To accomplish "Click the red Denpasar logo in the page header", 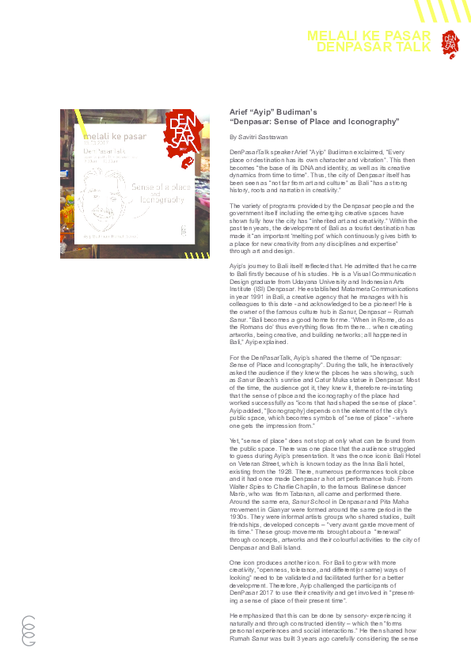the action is pos(449,42).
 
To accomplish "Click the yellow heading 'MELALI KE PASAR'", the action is pos(368,36).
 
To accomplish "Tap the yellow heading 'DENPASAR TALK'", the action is pos(374,47).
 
